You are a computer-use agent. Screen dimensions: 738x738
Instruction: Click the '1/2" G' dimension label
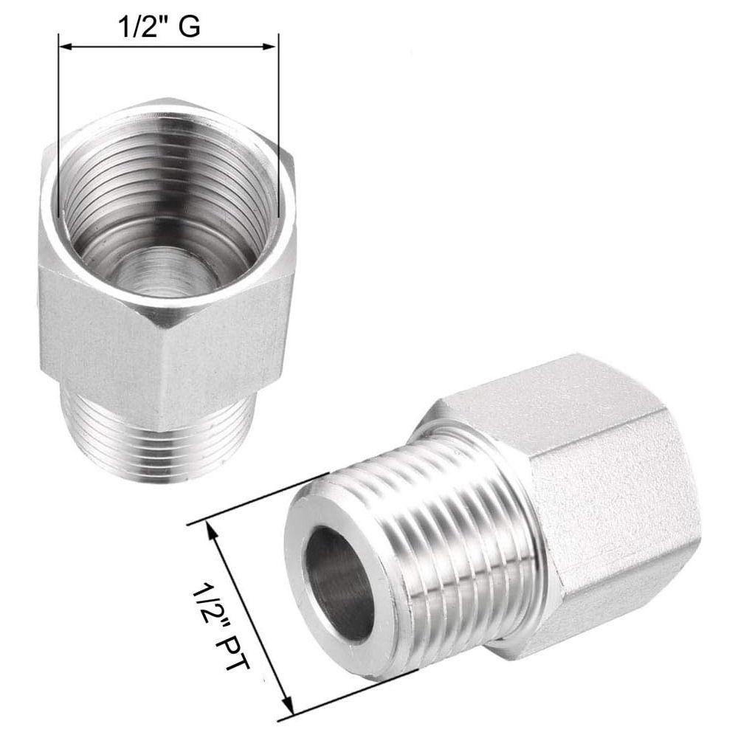click(x=160, y=27)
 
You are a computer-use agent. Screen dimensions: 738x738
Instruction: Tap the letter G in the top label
click(x=189, y=27)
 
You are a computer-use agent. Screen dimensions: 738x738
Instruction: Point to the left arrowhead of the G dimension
click(x=64, y=46)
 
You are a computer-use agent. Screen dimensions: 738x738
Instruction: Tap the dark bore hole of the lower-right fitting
click(x=339, y=584)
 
